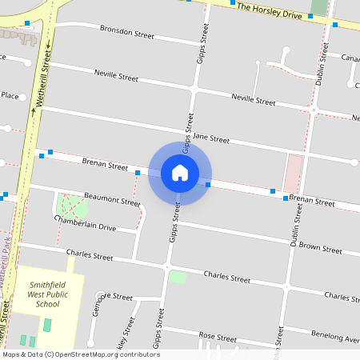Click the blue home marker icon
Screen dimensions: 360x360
(180, 172)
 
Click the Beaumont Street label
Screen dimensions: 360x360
(112, 198)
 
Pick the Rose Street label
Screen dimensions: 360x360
(218, 337)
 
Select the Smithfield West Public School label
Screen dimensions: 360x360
(54, 294)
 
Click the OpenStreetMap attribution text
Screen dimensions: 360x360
(81, 354)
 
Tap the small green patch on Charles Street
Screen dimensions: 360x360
(177, 277)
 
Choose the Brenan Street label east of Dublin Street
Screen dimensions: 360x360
(312, 201)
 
